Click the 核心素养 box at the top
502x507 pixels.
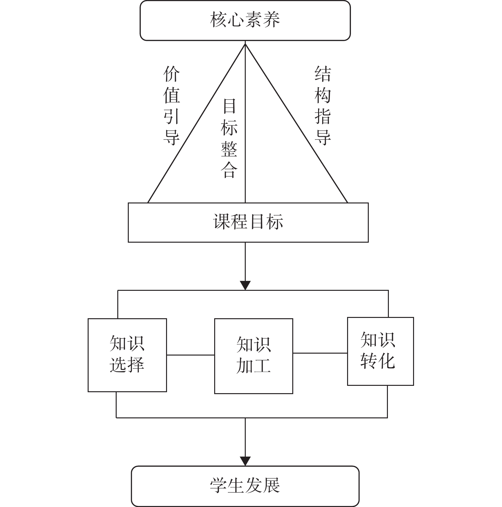pos(245,20)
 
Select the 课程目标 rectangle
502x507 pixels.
pos(248,222)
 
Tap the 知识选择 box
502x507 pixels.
pos(127,355)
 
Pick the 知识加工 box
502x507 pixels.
pos(253,356)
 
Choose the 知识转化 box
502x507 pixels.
pos(380,351)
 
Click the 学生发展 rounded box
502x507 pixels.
pos(245,486)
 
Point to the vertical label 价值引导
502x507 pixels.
pos(171,106)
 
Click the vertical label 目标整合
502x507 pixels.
pos(229,138)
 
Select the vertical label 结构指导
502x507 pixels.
pos(323,106)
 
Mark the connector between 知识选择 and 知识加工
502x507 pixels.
pos(191,355)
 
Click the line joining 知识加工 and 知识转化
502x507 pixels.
pos(320,353)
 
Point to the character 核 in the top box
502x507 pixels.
pos(219,19)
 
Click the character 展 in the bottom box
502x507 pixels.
pos(271,486)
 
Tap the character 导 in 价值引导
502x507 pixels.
pos(171,137)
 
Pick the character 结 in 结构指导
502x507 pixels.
pos(323,74)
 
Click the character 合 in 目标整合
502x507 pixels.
pos(229,170)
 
